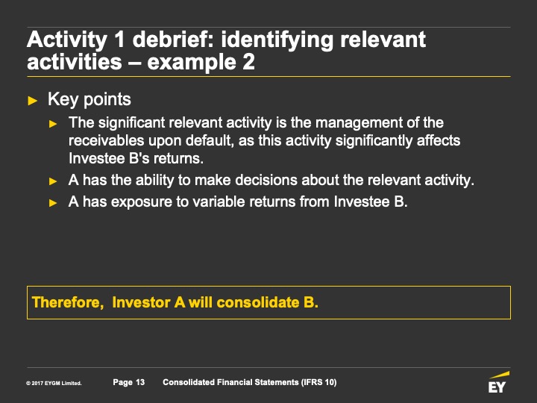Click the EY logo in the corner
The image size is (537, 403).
[x=498, y=382]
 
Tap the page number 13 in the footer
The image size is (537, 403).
[x=140, y=382]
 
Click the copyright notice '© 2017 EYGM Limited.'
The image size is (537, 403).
[x=54, y=383]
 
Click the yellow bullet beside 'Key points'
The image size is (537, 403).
[x=33, y=101]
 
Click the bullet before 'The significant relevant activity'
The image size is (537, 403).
[x=53, y=124]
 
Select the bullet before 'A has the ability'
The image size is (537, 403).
[x=53, y=181]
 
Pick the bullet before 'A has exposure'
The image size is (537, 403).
[x=53, y=203]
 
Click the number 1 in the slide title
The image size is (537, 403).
[x=119, y=40]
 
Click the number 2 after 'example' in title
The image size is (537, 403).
[x=248, y=62]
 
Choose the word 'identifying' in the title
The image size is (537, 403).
[x=277, y=40]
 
